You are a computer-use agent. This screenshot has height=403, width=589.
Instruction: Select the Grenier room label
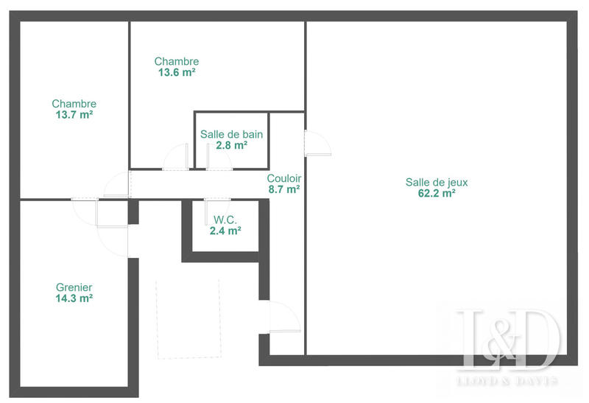74,287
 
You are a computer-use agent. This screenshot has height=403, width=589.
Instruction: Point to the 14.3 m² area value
74,299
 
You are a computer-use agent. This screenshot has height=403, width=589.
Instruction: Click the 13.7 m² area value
74,115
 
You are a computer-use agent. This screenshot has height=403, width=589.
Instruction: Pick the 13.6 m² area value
176,72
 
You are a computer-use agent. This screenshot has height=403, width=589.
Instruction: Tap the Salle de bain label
231,135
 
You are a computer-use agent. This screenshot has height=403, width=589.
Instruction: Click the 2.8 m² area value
231,146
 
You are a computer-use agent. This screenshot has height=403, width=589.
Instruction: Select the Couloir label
283,178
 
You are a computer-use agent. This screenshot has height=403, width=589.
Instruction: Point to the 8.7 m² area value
283,189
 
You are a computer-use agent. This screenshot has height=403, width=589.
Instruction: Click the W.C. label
225,220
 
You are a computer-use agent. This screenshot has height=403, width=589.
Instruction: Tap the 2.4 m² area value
225,231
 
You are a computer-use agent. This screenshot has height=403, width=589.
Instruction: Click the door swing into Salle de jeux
317,143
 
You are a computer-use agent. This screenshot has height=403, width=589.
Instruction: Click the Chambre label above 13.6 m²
176,61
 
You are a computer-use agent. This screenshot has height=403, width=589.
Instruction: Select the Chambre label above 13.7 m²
74,104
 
